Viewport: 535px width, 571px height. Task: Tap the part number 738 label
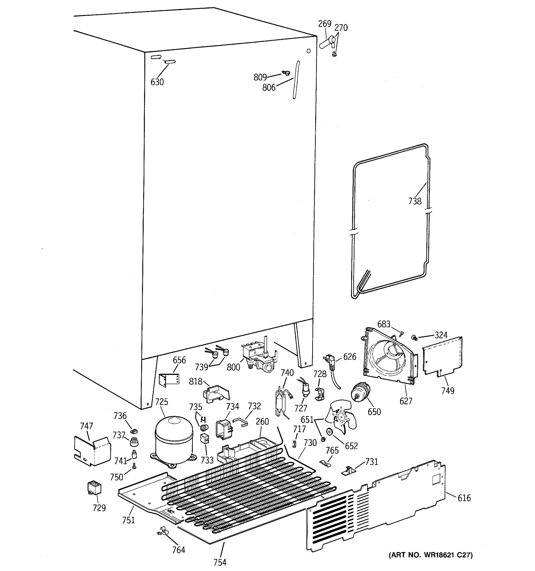click(415, 201)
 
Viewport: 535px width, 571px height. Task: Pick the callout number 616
click(464, 498)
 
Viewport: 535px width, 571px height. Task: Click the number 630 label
click(157, 82)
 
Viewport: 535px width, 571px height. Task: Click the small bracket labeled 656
click(169, 380)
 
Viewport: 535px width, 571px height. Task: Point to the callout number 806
click(269, 87)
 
